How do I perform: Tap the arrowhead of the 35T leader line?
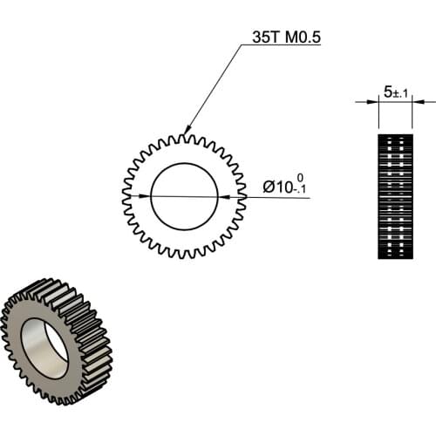pyautogui.click(x=187, y=131)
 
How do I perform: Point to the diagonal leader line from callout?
pyautogui.click(x=214, y=88)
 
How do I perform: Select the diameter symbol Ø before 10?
pyautogui.click(x=269, y=187)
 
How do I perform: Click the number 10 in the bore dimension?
pyautogui.click(x=283, y=187)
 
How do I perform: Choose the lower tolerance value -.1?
pyautogui.click(x=300, y=191)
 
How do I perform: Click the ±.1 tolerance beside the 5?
pyautogui.click(x=400, y=92)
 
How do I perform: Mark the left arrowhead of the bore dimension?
pyautogui.click(x=157, y=196)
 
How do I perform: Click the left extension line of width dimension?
pyautogui.click(x=379, y=113)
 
